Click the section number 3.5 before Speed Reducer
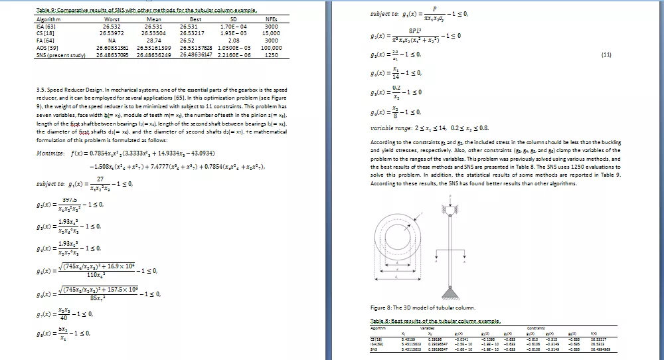coord(42,89)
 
